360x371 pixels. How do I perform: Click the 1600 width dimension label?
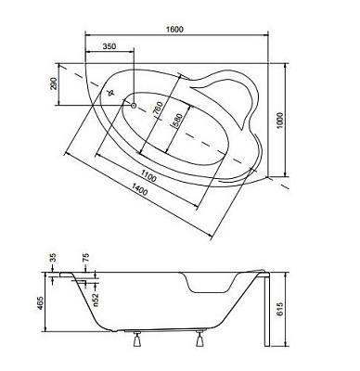176,29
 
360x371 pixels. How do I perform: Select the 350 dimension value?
109,46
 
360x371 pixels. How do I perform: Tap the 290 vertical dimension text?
54,83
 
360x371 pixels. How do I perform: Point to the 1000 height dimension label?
279,121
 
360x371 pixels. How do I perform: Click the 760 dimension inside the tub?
158,109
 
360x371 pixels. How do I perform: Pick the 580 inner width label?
179,120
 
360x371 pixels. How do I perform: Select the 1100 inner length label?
148,176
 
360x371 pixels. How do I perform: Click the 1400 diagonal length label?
140,189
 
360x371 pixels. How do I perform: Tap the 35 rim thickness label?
53,258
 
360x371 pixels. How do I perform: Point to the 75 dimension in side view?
85,258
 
